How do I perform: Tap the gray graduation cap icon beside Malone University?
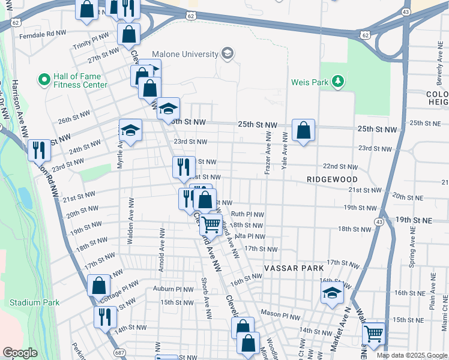point(227,55)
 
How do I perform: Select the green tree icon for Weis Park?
point(338,82)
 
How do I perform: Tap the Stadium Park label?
point(34,302)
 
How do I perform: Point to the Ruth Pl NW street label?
point(247,214)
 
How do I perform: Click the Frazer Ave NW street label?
point(267,154)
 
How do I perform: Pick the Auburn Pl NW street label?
point(172,289)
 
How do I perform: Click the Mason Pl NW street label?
point(280,314)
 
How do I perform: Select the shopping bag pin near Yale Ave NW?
point(304,130)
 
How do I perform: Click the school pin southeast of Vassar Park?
point(331,293)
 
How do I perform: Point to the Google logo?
point(20,352)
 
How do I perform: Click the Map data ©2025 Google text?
point(412,355)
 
